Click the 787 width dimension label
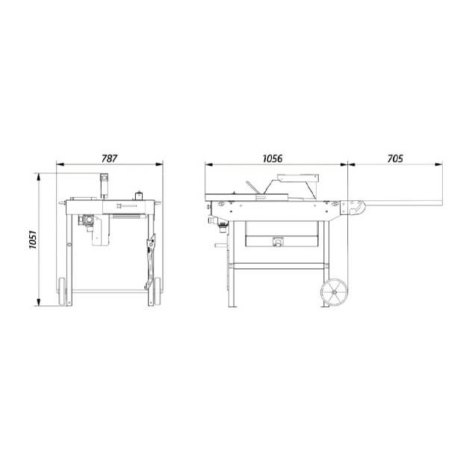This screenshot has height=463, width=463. click(x=109, y=158)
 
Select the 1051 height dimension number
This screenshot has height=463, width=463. click(x=32, y=240)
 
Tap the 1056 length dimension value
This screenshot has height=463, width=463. click(x=273, y=158)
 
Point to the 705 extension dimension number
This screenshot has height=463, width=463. click(x=395, y=158)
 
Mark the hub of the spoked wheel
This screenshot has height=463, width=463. click(x=335, y=292)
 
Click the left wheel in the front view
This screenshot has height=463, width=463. click(x=62, y=291)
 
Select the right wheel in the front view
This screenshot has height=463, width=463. click(x=157, y=291)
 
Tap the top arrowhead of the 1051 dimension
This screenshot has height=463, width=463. click(x=38, y=177)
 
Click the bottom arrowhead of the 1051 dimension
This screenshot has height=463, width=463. click(x=38, y=302)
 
